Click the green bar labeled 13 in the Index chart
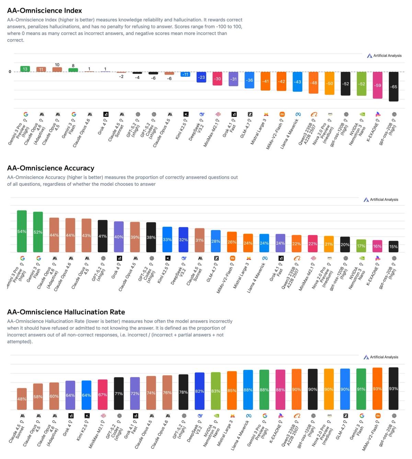point(25,69)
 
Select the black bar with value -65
point(393,86)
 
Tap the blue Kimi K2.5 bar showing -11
point(185,74)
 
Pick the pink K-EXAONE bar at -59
point(378,85)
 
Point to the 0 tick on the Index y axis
point(10,72)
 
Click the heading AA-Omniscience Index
point(45,11)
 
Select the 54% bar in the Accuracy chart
point(22,232)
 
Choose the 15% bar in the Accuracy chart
point(393,246)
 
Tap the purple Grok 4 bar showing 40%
point(119,237)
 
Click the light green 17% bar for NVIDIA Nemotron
point(361,246)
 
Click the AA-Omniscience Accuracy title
point(50,168)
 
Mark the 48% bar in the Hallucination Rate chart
point(22,399)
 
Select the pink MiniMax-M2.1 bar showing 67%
point(103,395)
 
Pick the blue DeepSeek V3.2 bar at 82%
point(199,391)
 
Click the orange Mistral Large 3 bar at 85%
point(232,390)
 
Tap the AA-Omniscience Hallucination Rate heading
point(66,312)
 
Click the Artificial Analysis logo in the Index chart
point(384,56)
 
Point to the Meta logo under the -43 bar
point(298,114)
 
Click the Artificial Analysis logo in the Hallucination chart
point(381,357)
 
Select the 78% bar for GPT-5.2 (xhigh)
point(183,392)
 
